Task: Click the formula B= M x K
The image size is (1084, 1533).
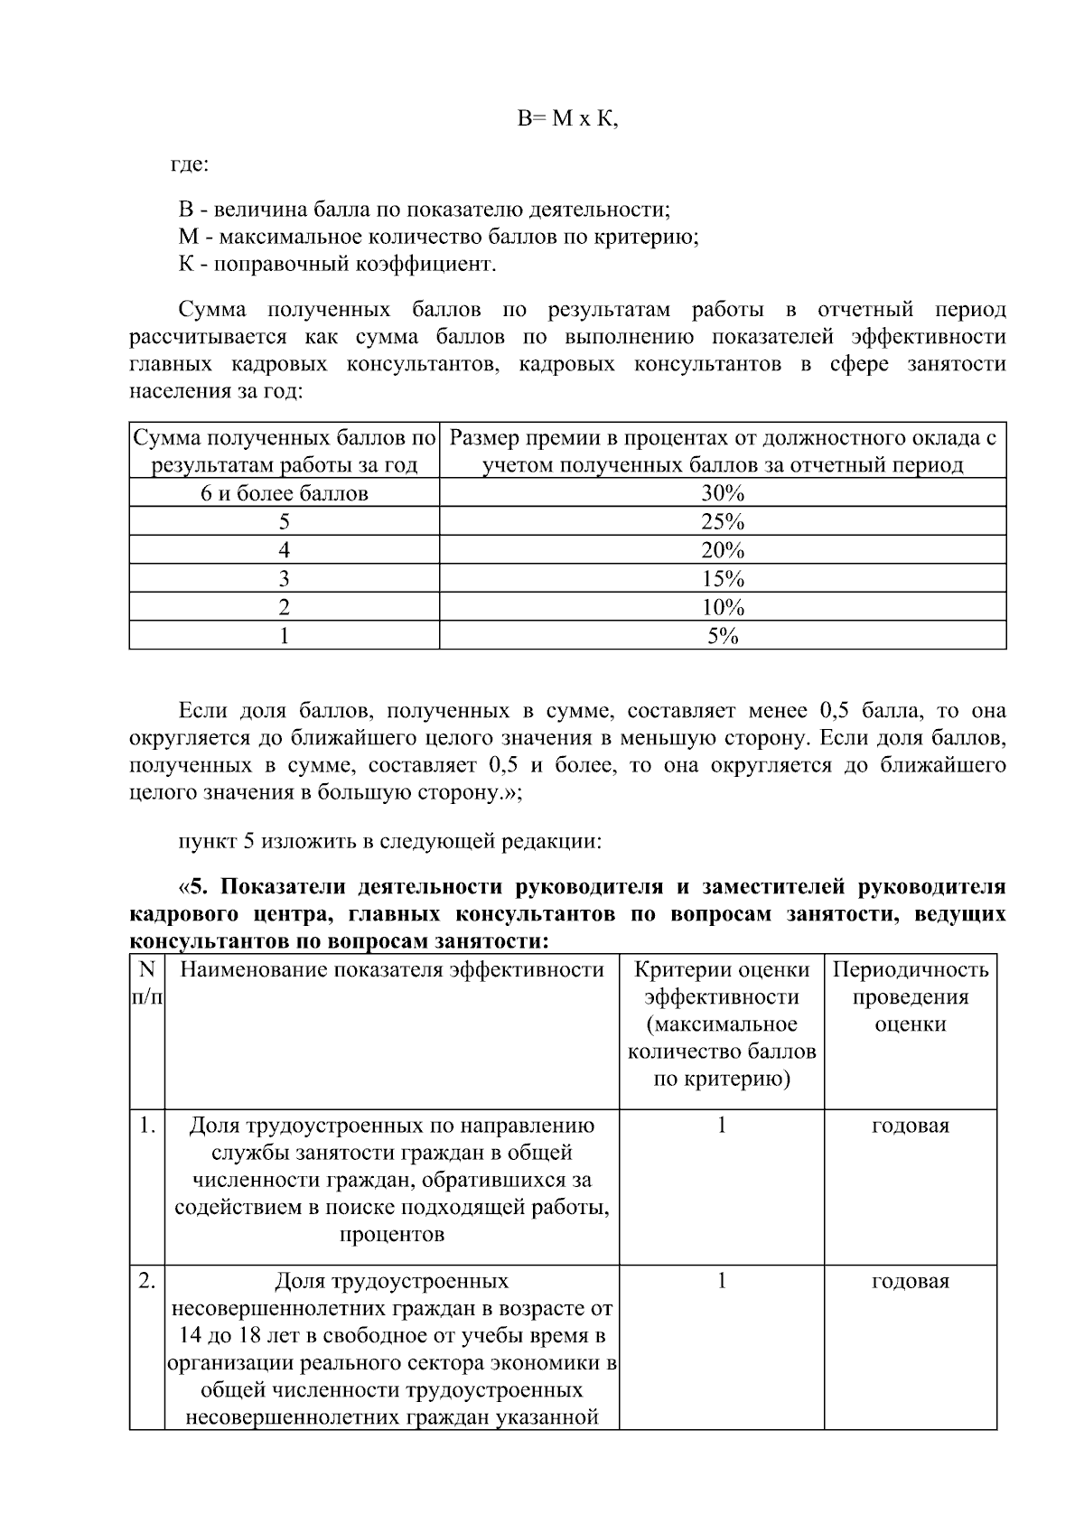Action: [x=567, y=119]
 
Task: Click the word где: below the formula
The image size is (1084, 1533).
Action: [x=190, y=165]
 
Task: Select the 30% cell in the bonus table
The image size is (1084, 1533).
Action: [x=723, y=493]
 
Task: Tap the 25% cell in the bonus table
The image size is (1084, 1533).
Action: [x=723, y=522]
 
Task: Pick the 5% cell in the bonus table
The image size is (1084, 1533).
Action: [x=723, y=636]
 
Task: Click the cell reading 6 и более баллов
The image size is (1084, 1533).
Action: [x=285, y=493]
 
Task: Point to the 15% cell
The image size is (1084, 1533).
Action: [x=723, y=579]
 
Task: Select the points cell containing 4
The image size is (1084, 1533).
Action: [x=285, y=550]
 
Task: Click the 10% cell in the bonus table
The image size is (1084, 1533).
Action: [x=723, y=607]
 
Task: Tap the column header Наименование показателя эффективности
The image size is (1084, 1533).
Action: [x=391, y=970]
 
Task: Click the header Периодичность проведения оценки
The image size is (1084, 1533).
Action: [x=911, y=997]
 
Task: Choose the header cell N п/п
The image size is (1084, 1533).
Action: [x=147, y=984]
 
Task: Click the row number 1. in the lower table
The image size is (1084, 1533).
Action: [x=147, y=1126]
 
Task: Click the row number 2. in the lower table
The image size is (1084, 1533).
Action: [x=147, y=1281]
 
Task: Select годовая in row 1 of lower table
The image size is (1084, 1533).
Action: [x=911, y=1126]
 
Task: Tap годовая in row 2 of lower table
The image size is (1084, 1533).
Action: [x=911, y=1281]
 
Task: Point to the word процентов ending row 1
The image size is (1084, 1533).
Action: [x=391, y=1234]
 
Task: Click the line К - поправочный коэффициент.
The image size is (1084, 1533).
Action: [x=337, y=265]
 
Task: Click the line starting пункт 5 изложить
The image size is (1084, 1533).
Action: [x=389, y=841]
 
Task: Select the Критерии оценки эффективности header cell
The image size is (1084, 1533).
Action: [x=722, y=1024]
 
